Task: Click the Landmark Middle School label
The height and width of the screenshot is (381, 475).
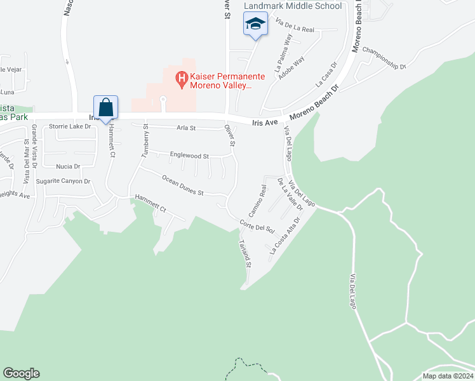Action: tap(293, 6)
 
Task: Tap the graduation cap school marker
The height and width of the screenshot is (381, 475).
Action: tap(255, 24)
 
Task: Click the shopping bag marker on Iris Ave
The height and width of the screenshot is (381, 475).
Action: tap(105, 107)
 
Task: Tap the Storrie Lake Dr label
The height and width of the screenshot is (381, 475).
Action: tap(70, 126)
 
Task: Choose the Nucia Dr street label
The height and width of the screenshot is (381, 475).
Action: tap(68, 166)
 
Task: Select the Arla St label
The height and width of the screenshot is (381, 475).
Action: tap(185, 128)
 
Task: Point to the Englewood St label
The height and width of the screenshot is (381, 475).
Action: tap(189, 155)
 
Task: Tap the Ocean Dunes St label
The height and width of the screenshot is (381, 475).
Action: tap(182, 185)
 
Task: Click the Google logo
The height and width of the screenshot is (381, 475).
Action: tap(21, 373)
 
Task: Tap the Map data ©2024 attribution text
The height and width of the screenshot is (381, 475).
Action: tap(447, 376)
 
